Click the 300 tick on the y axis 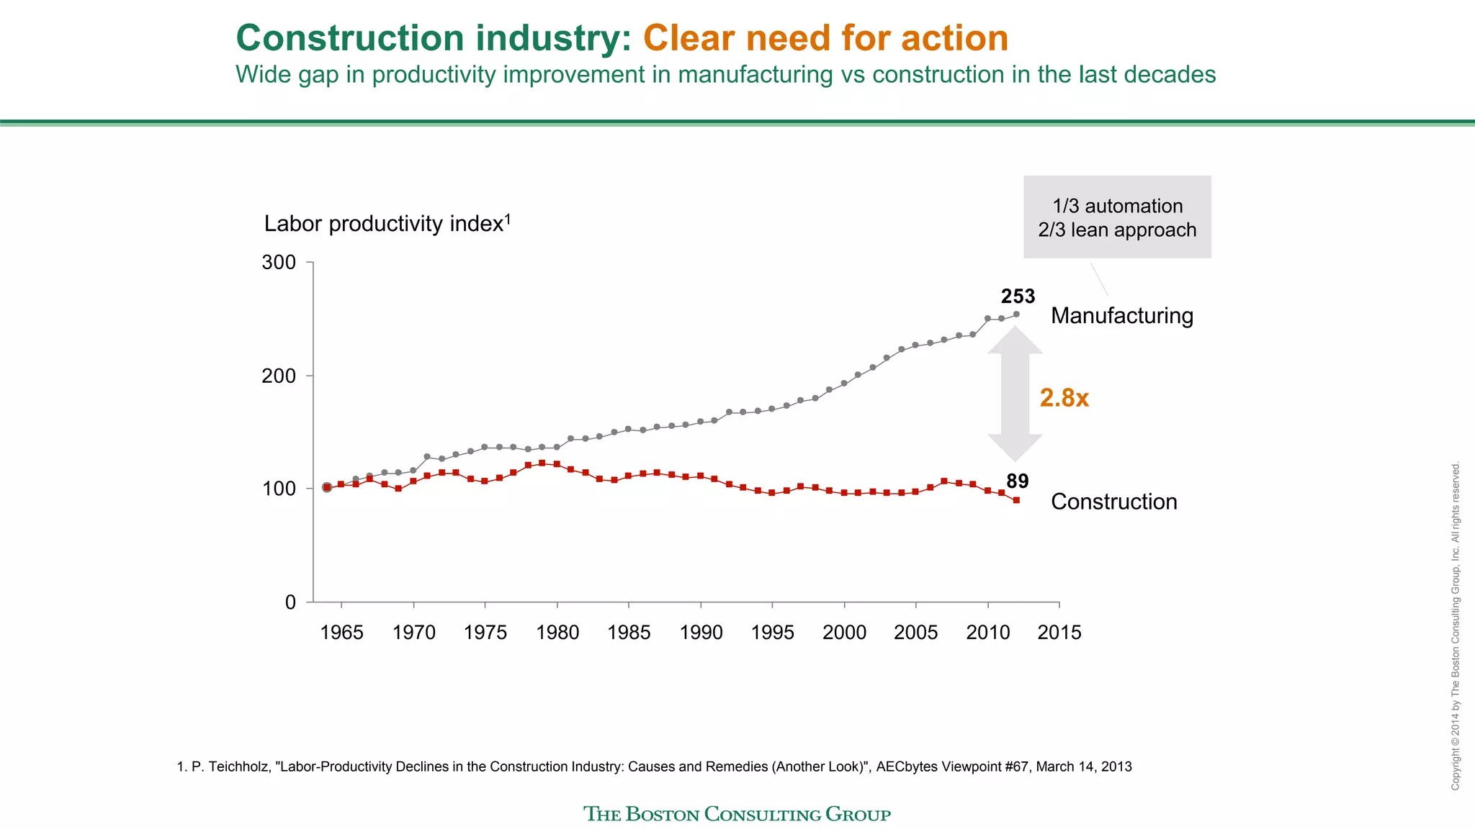click(279, 263)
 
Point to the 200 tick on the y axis click(279, 376)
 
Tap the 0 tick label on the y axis click(290, 602)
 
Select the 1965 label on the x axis click(341, 633)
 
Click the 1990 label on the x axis click(701, 633)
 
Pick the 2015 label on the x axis click(1059, 633)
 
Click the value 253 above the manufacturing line click(1018, 296)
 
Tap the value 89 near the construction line click(1017, 481)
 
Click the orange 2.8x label click(1064, 398)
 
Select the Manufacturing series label click(1121, 316)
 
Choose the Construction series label click(1113, 502)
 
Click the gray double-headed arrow click(1015, 394)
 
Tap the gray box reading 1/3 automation click(1117, 217)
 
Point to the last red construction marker click(1016, 499)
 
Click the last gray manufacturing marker click(1016, 314)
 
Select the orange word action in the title click(955, 38)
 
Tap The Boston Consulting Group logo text click(737, 814)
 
